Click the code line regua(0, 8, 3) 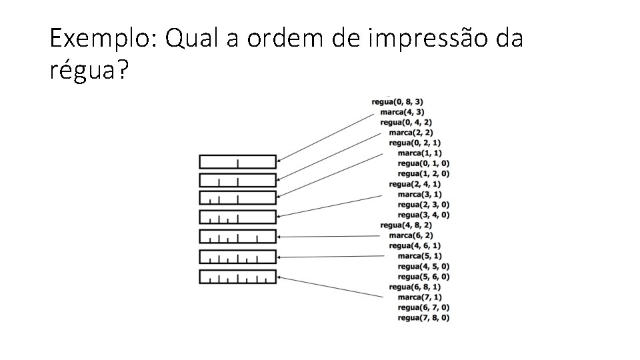[397, 102]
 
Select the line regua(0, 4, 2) [406, 123]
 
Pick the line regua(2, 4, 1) [415, 184]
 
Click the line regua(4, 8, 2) [406, 225]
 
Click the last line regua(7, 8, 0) [423, 318]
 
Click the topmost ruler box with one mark [237, 161]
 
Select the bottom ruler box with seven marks [237, 277]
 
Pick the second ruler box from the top [237, 180]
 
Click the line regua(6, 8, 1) [415, 287]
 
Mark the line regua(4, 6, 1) [415, 246]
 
